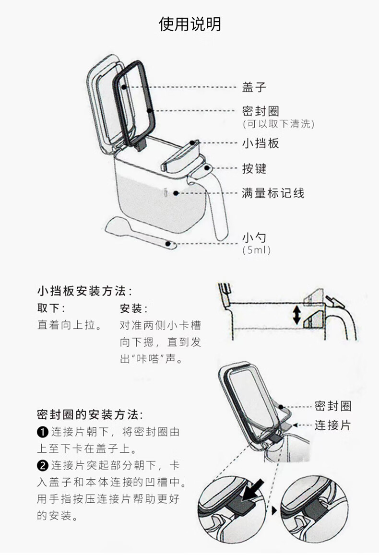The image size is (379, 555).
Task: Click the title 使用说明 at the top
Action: pos(189,24)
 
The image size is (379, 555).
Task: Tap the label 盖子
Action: pos(254,87)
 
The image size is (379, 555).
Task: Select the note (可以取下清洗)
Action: pos(278,124)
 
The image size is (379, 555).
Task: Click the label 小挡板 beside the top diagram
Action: pos(260,143)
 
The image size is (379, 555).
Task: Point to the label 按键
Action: pos(254,168)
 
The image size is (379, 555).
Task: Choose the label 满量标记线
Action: pos(273,193)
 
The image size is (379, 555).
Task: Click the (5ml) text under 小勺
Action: pos(257,250)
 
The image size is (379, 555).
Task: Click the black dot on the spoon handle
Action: pos(169,244)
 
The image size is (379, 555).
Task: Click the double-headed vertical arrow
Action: pos(297,315)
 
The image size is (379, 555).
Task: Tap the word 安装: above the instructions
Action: pos(134,308)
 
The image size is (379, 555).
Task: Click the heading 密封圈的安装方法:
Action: pos(90,414)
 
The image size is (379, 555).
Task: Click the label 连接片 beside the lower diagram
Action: pos(333,425)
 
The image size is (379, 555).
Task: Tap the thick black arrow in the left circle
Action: pos(253,491)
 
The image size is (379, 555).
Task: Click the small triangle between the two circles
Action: pos(274,511)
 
